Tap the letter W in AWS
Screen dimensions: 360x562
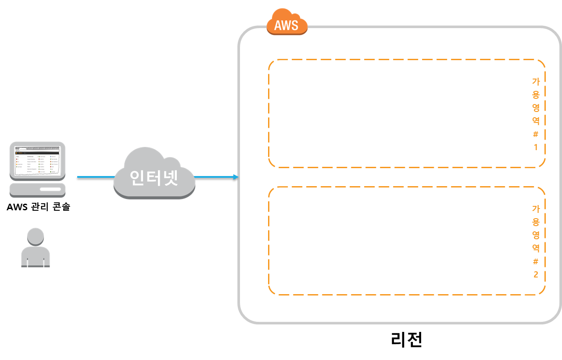(286, 25)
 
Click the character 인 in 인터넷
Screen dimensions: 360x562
(137, 177)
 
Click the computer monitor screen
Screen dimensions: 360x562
(37, 160)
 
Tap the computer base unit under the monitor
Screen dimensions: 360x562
(38, 190)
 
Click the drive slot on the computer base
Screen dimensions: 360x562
(50, 189)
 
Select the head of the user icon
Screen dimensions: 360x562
(36, 237)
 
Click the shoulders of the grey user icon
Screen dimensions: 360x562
(36, 257)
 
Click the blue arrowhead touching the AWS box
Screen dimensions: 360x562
(236, 177)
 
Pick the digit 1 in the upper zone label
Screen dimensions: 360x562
(536, 147)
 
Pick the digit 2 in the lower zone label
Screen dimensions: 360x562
(536, 275)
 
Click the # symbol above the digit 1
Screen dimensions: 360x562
(536, 134)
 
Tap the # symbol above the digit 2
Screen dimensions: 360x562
(536, 262)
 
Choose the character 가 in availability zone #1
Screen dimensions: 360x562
(536, 81)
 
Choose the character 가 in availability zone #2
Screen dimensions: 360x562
(536, 209)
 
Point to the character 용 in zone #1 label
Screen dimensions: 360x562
(536, 94)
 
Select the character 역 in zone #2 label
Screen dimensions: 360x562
(536, 248)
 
